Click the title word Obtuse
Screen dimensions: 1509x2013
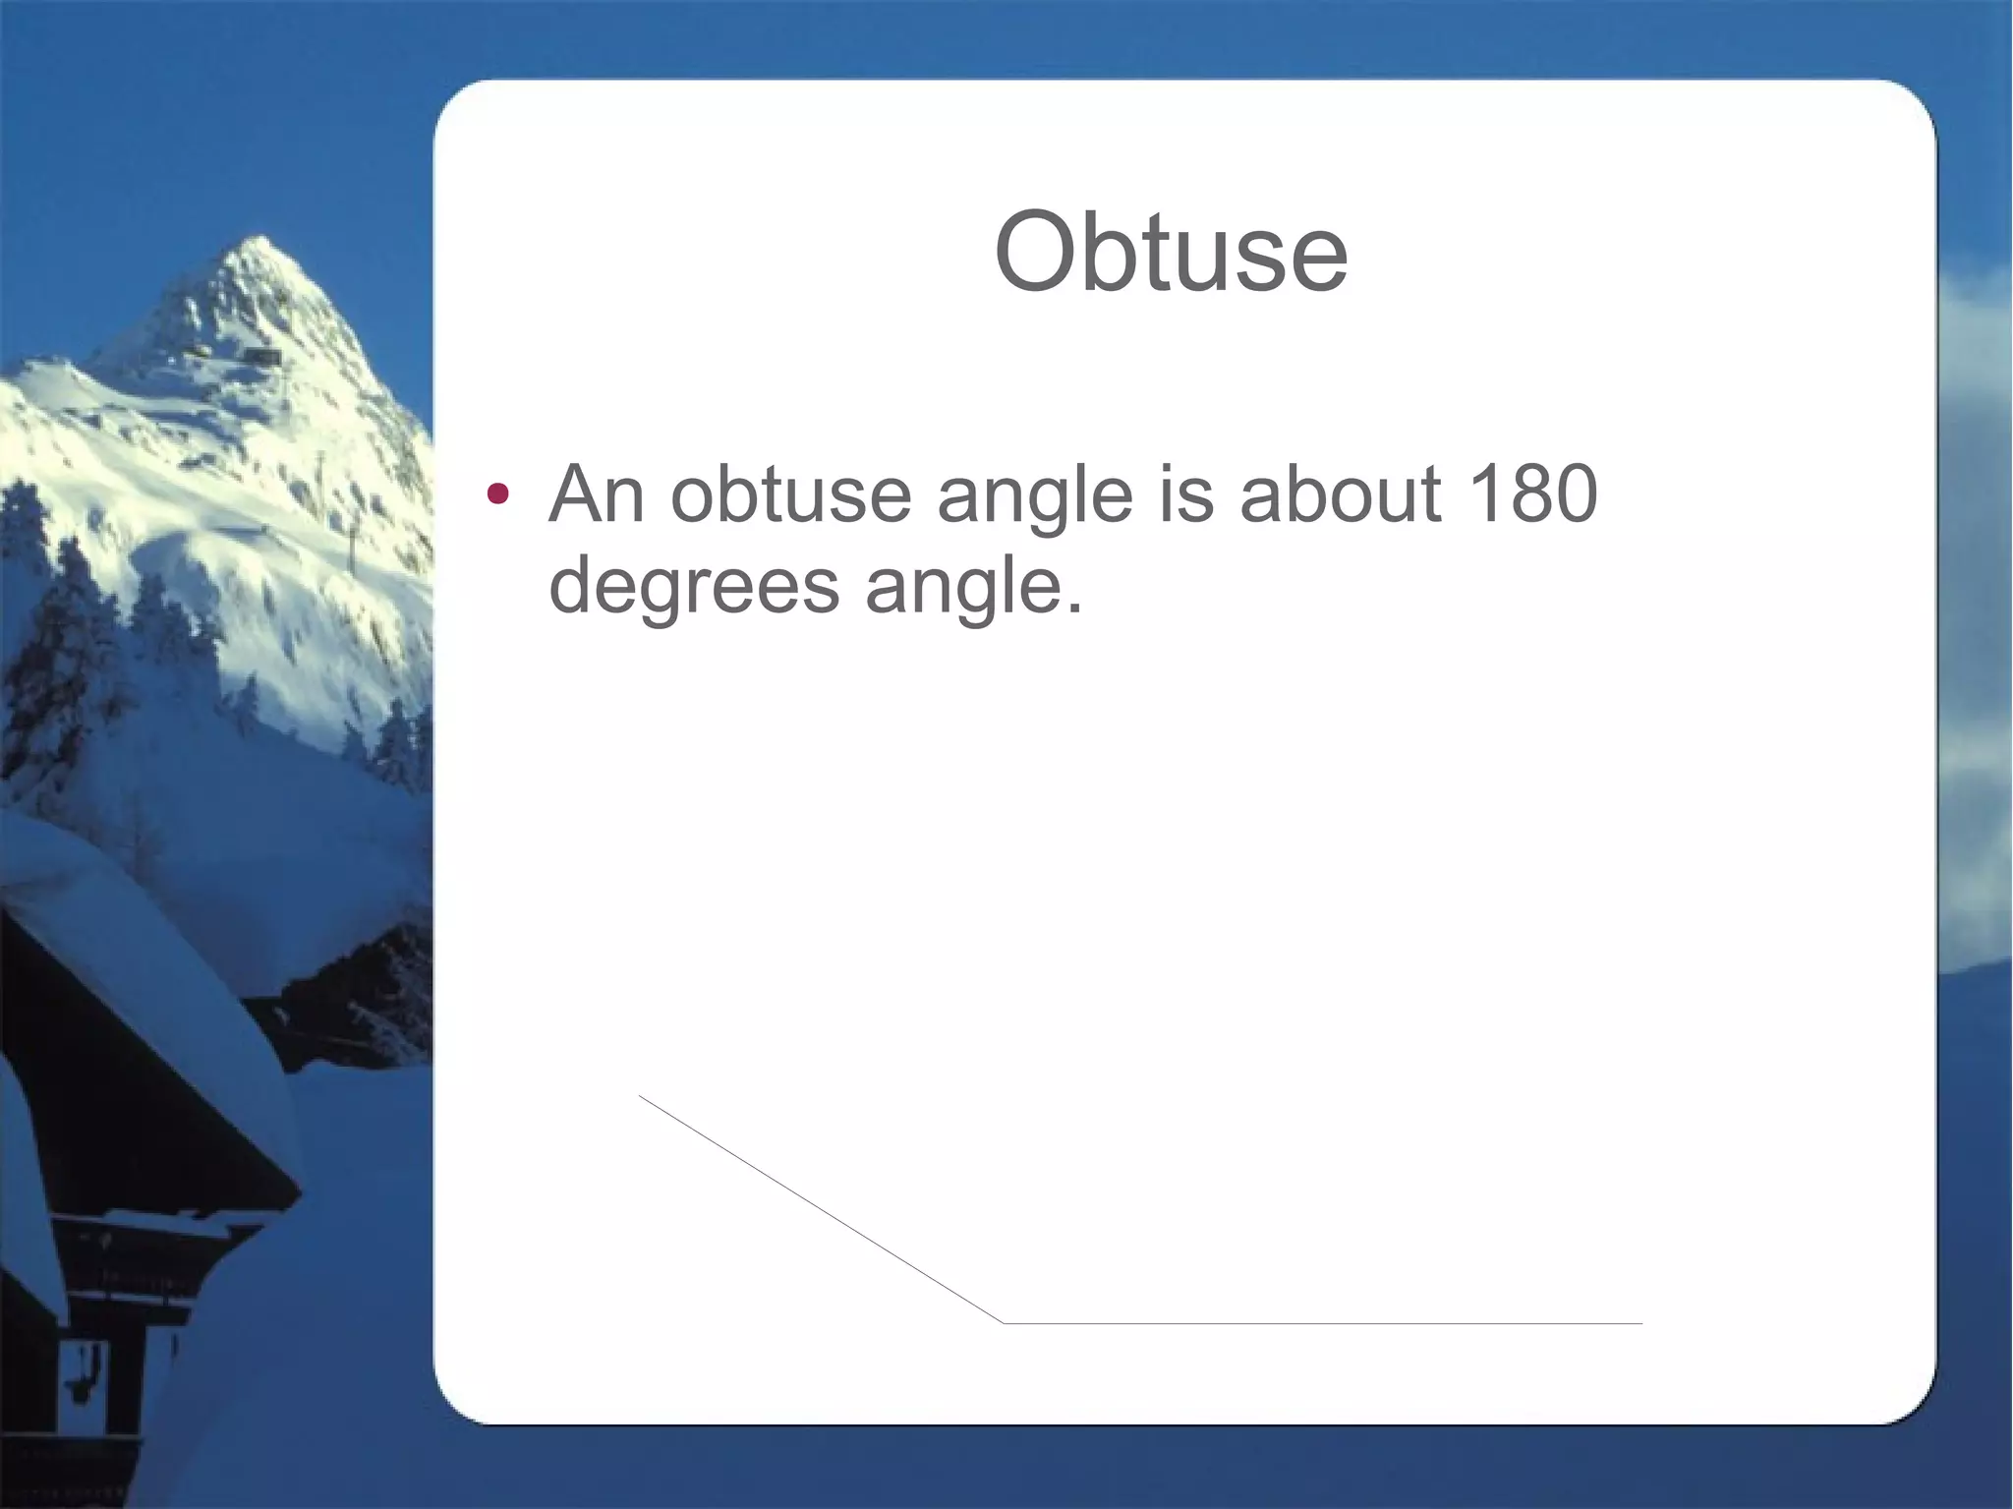pos(1171,253)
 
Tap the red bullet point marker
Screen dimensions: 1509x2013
pos(498,493)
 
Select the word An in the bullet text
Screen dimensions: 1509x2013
pos(598,493)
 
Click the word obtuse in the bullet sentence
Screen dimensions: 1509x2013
pos(791,493)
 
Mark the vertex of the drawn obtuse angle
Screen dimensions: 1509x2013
pos(1003,1323)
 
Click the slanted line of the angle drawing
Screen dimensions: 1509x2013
pos(821,1209)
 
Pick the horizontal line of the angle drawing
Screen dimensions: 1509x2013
pos(1322,1324)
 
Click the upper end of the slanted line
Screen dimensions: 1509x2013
pos(641,1096)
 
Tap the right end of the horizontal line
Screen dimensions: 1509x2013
pos(1640,1324)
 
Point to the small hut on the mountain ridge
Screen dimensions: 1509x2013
pos(261,354)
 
